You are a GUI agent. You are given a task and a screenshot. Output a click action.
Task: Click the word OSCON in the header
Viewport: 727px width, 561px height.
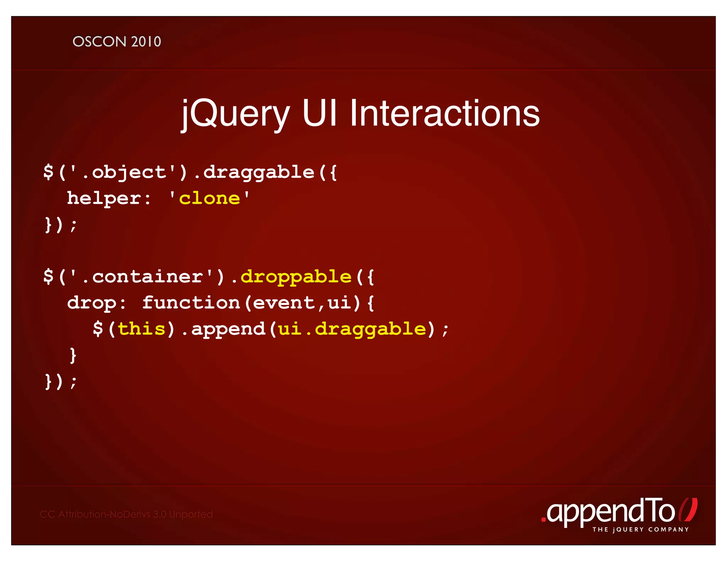coord(99,42)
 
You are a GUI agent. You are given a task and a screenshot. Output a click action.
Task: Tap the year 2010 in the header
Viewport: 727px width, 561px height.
coord(146,42)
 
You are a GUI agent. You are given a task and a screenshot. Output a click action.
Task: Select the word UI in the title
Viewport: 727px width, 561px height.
coord(319,113)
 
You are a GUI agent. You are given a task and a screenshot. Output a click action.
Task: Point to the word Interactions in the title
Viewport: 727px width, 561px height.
coord(444,113)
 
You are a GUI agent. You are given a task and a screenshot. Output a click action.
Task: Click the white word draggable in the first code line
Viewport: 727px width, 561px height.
coord(258,173)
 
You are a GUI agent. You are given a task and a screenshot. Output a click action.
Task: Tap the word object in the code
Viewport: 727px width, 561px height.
coord(129,173)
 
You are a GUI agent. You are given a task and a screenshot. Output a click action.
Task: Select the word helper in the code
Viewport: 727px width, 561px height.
coord(104,199)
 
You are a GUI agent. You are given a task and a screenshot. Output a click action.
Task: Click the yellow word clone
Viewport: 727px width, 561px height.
coord(209,199)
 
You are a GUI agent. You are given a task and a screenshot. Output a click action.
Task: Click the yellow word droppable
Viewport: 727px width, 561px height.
coord(296,277)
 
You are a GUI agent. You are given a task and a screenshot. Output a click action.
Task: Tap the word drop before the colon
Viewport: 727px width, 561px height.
coord(92,303)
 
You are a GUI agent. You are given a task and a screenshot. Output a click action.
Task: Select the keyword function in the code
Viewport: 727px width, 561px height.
coord(191,303)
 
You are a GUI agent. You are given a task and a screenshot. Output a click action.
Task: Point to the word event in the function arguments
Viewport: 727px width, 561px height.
coord(284,303)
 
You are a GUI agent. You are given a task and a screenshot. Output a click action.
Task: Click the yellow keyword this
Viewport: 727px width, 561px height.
coord(142,329)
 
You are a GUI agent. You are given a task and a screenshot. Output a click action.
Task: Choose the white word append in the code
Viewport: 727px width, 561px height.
coord(228,329)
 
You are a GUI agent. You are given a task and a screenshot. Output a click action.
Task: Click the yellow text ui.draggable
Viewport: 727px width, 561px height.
coord(352,329)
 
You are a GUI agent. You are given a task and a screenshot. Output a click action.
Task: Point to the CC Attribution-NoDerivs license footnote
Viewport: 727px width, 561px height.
coord(126,514)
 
